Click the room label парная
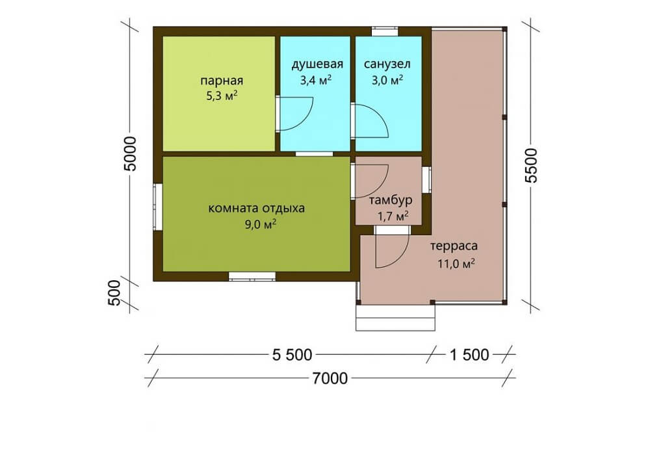(222, 80)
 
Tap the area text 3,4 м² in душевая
(316, 79)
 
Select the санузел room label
(387, 64)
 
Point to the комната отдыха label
(256, 208)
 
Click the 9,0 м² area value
(261, 224)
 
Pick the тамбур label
(391, 201)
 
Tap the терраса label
(454, 246)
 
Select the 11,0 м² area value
(456, 263)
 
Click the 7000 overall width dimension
(330, 378)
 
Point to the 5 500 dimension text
(292, 355)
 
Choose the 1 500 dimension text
(469, 355)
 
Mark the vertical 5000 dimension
(130, 154)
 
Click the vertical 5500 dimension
(530, 165)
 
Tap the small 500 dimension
(114, 293)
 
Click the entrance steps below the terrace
(396, 317)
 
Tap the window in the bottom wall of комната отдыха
(252, 276)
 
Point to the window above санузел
(385, 31)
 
